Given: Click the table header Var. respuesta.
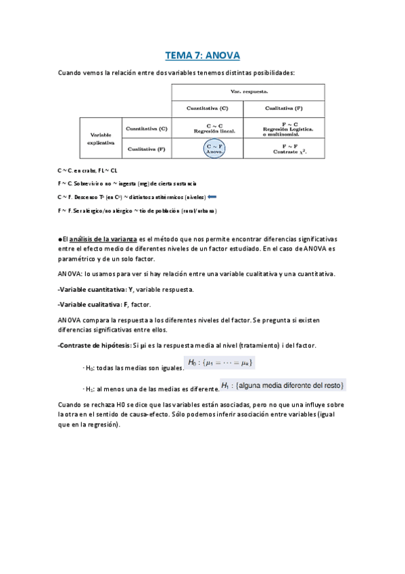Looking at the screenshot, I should [247, 91].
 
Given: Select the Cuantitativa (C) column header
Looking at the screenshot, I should [207, 108].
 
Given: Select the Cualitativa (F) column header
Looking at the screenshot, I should [283, 108].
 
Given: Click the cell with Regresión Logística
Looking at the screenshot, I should [283, 129].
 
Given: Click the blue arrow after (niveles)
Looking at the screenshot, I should [212, 197].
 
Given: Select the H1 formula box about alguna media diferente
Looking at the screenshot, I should [284, 385].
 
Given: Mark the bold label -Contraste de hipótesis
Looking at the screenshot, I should [94, 346].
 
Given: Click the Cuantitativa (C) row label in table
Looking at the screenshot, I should [145, 129].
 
